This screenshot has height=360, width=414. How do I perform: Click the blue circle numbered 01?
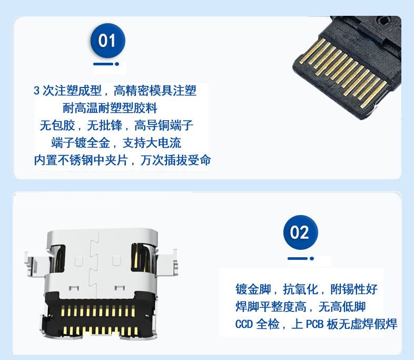pyautogui.click(x=108, y=41)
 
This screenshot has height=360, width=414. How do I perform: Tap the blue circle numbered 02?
pyautogui.click(x=300, y=232)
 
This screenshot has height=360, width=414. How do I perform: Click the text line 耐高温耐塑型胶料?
pyautogui.click(x=110, y=108)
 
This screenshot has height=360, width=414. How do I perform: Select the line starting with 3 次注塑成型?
pyautogui.click(x=115, y=91)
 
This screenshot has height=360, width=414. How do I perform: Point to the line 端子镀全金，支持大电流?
pyautogui.click(x=116, y=143)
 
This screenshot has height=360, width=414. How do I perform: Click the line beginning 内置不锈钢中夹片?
pyautogui.click(x=122, y=160)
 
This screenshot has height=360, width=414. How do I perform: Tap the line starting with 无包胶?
pyautogui.click(x=116, y=125)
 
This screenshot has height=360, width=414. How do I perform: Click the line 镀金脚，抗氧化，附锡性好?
pyautogui.click(x=306, y=289)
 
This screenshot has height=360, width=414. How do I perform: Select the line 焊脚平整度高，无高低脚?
pyautogui.click(x=300, y=307)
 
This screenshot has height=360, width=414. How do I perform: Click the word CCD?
pyautogui.click(x=244, y=324)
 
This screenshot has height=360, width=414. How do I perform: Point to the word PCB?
pyautogui.click(x=315, y=324)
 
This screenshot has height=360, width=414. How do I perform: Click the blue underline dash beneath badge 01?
pyautogui.click(x=103, y=64)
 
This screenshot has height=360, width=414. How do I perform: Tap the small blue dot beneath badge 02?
pyautogui.click(x=312, y=259)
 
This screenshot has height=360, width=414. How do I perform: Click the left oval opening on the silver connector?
pyautogui.click(x=57, y=259)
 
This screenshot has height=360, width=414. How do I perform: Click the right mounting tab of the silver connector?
pyautogui.click(x=167, y=262)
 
